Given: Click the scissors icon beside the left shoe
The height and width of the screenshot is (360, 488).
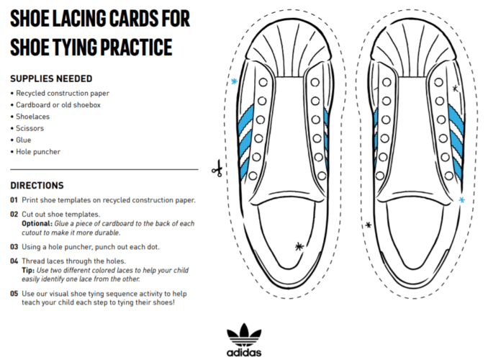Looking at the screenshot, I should (216, 169).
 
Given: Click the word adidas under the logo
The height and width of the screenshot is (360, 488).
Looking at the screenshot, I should (243, 353).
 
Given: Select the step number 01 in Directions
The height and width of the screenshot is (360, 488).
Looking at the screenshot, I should (14, 200).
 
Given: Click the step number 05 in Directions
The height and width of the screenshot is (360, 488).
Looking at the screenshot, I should (14, 293).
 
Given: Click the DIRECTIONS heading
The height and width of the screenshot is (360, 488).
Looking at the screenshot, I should (37, 185).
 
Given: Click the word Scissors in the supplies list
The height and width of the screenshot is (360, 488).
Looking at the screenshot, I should (32, 128).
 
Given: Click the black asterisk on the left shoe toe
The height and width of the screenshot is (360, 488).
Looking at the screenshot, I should (300, 246).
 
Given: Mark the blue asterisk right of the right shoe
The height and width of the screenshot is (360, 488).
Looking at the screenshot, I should (461, 199).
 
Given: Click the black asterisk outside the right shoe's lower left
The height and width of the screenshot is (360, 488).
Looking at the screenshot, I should (369, 225).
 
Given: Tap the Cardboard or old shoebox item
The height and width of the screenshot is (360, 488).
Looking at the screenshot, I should (58, 105).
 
